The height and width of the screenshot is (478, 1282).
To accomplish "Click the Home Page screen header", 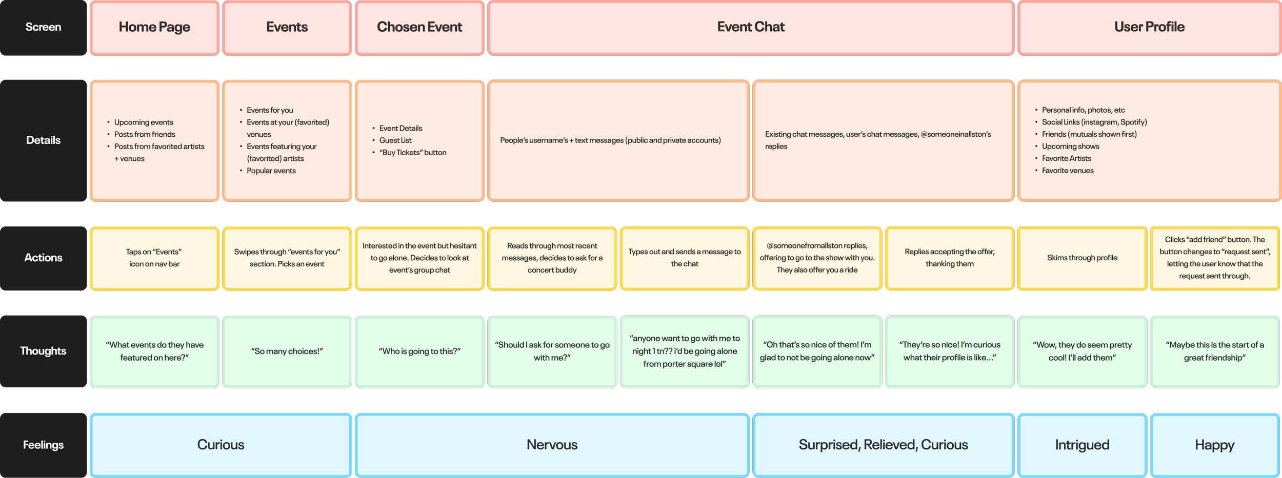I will point(154,27).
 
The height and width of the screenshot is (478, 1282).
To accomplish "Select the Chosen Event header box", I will point(419,27).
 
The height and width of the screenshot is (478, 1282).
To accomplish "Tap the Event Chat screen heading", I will point(751,27).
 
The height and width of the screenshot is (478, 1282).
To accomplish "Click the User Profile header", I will point(1149,27).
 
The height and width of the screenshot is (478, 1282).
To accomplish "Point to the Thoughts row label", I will point(43,351).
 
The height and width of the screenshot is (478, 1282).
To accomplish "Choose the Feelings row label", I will point(43,445).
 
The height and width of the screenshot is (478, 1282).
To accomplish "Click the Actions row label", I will point(43,258).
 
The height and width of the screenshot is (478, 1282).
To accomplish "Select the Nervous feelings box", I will point(552,445).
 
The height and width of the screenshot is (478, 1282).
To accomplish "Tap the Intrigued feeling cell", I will point(1082,445).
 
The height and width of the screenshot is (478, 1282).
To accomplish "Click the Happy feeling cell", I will point(1214,445).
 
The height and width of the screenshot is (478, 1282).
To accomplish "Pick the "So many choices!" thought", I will point(287,351).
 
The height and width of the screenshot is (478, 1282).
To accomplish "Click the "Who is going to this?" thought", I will point(419,351).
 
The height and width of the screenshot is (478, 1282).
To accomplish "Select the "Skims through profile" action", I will point(1082,258).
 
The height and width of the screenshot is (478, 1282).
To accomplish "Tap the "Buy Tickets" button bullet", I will point(413,153).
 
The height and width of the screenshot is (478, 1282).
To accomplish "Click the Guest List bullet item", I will point(395,140).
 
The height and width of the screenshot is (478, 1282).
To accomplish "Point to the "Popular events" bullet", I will point(271,171).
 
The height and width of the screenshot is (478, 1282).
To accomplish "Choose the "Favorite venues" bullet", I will point(1068,171).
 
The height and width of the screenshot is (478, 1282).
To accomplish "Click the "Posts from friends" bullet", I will point(145,134).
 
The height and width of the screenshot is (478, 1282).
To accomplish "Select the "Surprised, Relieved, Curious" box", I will point(883,445).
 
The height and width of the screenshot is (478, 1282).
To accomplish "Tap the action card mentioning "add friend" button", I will point(1214,258).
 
